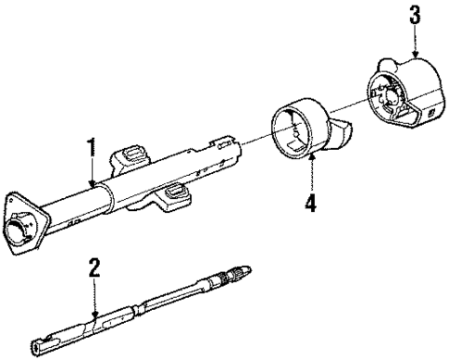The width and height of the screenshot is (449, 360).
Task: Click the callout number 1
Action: pyautogui.click(x=91, y=146)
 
